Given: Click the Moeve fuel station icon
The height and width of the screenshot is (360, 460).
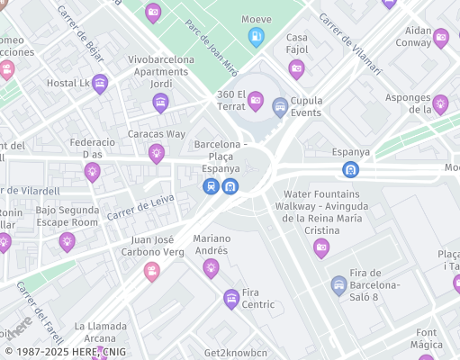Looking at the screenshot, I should coord(256,37).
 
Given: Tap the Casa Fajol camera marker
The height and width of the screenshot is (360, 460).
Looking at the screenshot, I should coord(296,68).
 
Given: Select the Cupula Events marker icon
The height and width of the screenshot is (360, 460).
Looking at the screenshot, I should coord(280,106).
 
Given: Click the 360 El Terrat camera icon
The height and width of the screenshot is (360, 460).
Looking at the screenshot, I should coord(255,100).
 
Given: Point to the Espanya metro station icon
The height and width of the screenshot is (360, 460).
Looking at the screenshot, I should coord(350,168).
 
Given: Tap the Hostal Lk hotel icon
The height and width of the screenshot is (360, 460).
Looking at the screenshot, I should coord(100,83).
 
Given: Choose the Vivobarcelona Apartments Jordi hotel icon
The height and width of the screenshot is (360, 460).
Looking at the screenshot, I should coord(160,102).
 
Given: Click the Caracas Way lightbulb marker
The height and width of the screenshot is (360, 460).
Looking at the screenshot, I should coord(157,153).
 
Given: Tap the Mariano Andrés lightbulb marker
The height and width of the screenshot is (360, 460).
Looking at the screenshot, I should coord(211,267).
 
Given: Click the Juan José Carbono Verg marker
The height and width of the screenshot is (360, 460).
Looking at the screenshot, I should coord(151,271).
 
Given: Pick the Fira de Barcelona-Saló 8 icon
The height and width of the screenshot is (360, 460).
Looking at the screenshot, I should coord(338,285).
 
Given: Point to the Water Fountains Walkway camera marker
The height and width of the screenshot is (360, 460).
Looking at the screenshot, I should coord(321,247).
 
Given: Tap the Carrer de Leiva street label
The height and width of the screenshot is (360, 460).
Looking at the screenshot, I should coord(140,208).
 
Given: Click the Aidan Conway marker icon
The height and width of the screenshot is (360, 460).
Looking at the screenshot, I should coord(440,38).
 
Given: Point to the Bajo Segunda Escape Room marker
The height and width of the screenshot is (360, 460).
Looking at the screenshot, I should coord(67,241).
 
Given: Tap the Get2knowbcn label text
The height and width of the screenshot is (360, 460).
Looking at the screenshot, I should coord(236,352).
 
